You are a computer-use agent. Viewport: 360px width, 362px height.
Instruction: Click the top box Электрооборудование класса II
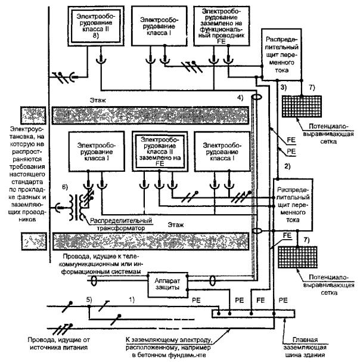(95, 27)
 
